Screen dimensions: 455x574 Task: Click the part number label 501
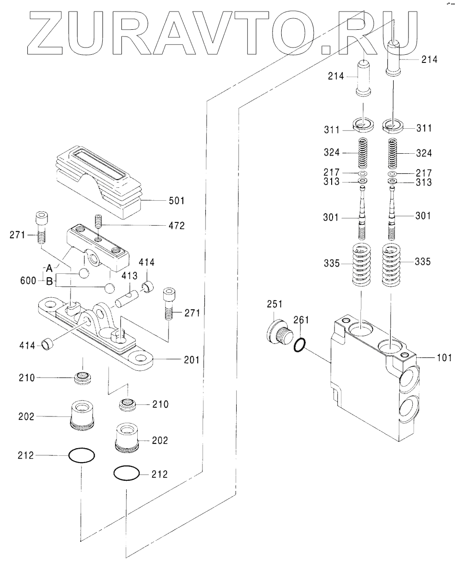(176, 201)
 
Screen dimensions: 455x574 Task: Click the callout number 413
(130, 275)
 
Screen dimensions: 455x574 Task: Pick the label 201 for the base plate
(192, 360)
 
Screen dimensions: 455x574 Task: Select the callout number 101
(444, 357)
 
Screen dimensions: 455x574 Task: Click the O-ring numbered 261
(299, 345)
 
